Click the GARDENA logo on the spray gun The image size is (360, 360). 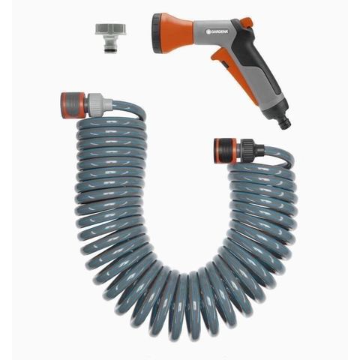pos(217,31)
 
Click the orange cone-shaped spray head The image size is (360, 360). pos(175,34)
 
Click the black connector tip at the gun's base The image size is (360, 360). pos(285,122)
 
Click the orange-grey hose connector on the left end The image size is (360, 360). pos(73,105)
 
